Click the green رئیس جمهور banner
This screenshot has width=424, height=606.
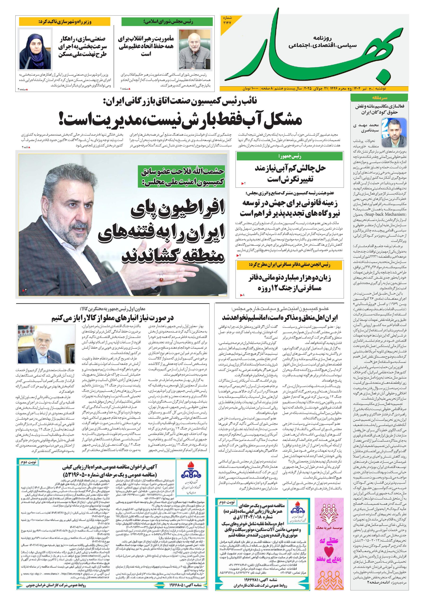tap(290, 156)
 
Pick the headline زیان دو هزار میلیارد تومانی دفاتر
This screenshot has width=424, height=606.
tap(290, 282)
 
